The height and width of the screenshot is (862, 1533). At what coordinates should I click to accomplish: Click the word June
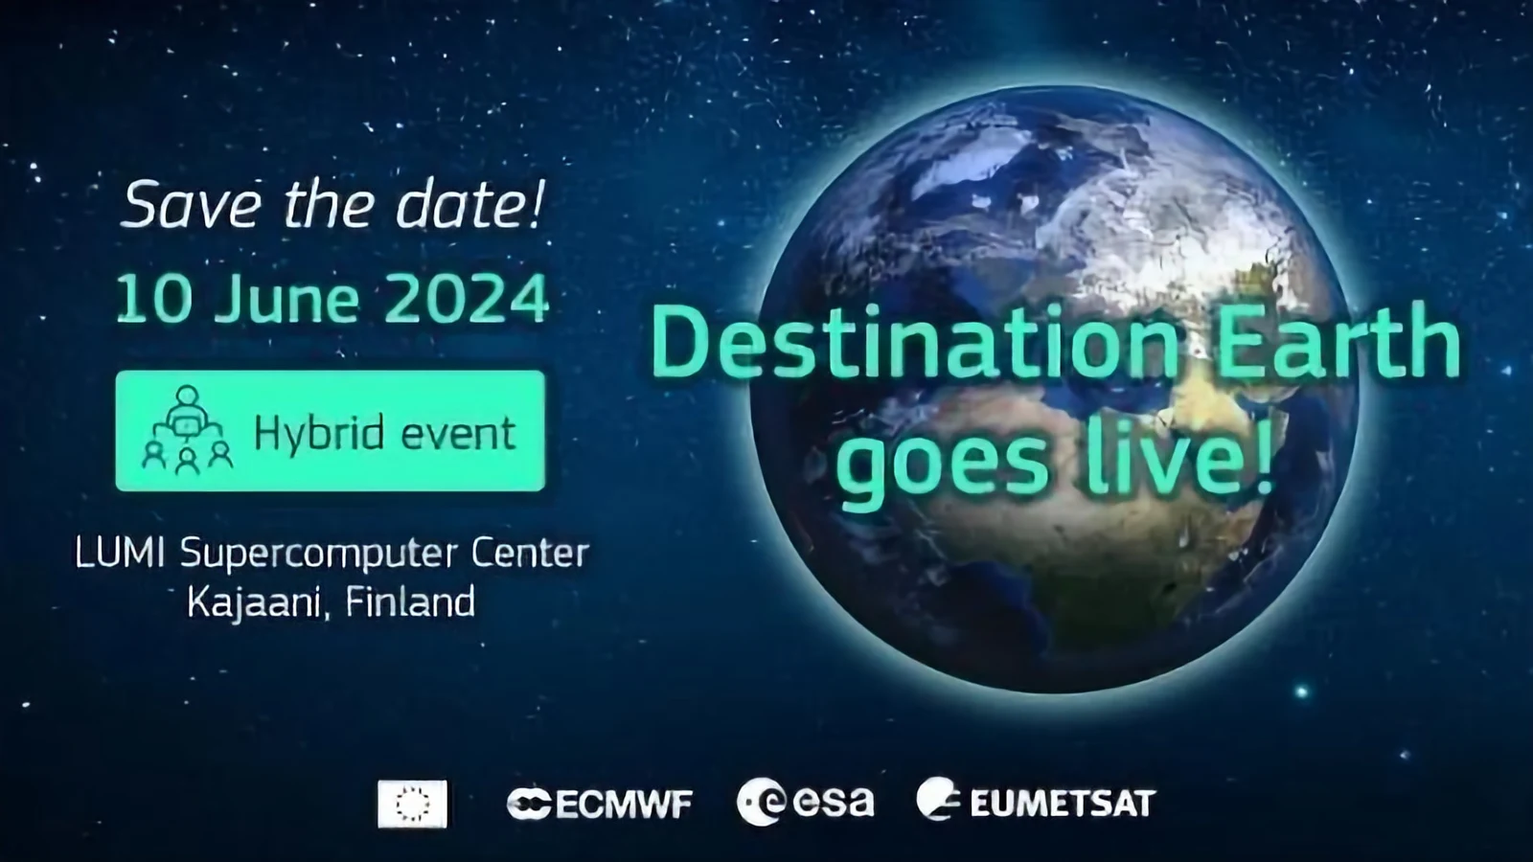coord(286,299)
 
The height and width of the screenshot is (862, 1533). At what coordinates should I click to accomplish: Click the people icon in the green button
coord(187,430)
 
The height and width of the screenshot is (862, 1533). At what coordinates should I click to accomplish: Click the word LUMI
coord(120,554)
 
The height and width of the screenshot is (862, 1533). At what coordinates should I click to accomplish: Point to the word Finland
coord(410,602)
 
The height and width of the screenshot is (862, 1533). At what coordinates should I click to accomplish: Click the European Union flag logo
coord(412,804)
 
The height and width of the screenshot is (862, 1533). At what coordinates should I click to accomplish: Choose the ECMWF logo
coord(600,804)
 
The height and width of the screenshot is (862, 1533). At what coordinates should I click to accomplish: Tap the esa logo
coord(806,801)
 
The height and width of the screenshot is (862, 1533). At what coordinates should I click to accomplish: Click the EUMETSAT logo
coord(1036,799)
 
